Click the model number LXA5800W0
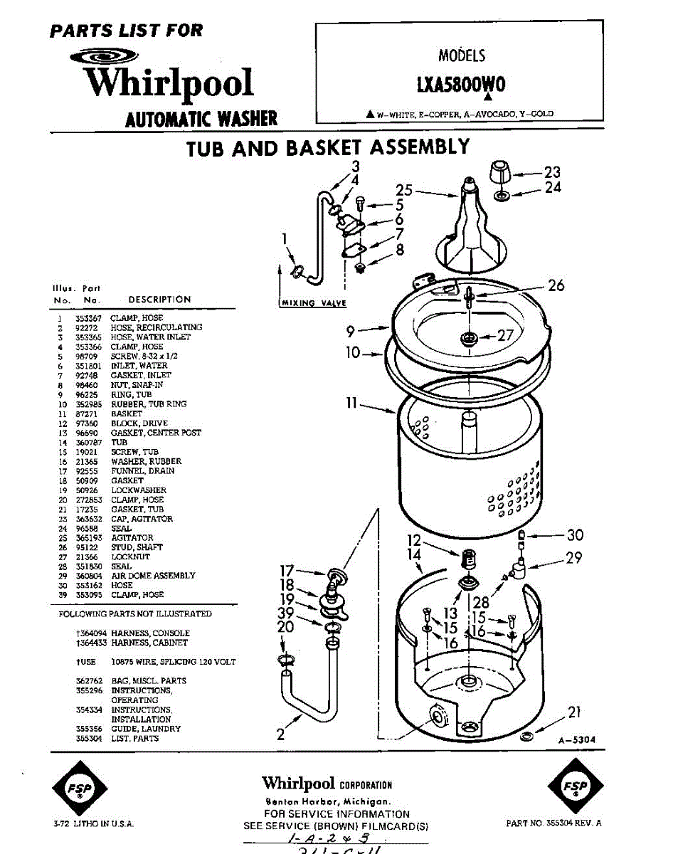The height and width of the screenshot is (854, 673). [461, 84]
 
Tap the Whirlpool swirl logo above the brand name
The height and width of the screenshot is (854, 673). [105, 57]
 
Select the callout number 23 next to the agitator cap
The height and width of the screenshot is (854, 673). [552, 172]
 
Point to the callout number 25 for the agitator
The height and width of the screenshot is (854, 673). [404, 190]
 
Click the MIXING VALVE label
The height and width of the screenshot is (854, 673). [314, 303]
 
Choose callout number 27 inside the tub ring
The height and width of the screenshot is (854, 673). [505, 336]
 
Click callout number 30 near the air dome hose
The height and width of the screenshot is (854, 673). [575, 535]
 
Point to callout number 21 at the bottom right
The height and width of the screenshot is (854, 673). [575, 712]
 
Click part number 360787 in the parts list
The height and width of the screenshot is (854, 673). [86, 443]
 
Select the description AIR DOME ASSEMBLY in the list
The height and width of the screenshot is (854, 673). [153, 576]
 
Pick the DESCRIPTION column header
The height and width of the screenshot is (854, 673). [159, 300]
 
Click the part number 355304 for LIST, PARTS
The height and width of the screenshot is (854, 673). [86, 739]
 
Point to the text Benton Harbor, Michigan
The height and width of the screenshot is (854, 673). [327, 801]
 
